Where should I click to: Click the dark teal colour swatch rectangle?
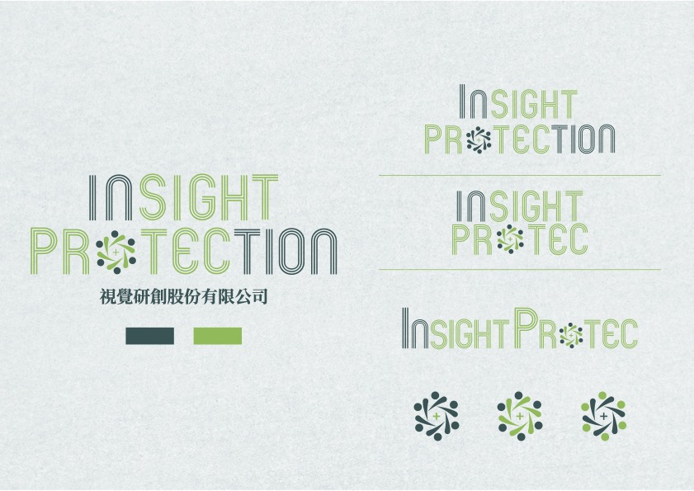(x=149, y=336)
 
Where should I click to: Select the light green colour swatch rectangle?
(x=218, y=336)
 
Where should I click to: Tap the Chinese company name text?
(x=184, y=296)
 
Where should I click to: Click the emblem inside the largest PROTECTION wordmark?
(x=116, y=252)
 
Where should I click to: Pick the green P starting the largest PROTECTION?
(x=44, y=251)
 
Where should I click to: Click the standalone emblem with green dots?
(x=603, y=416)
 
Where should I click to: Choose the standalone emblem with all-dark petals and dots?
(x=437, y=416)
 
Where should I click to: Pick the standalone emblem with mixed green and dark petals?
(x=520, y=416)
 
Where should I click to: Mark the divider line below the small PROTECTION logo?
(x=520, y=175)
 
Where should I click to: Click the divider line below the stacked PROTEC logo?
(x=520, y=269)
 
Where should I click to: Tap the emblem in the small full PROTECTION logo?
(x=479, y=139)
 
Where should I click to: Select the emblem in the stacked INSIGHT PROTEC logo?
(x=510, y=239)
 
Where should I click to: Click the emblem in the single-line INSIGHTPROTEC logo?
(x=571, y=335)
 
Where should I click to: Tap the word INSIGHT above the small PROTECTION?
(x=518, y=102)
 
